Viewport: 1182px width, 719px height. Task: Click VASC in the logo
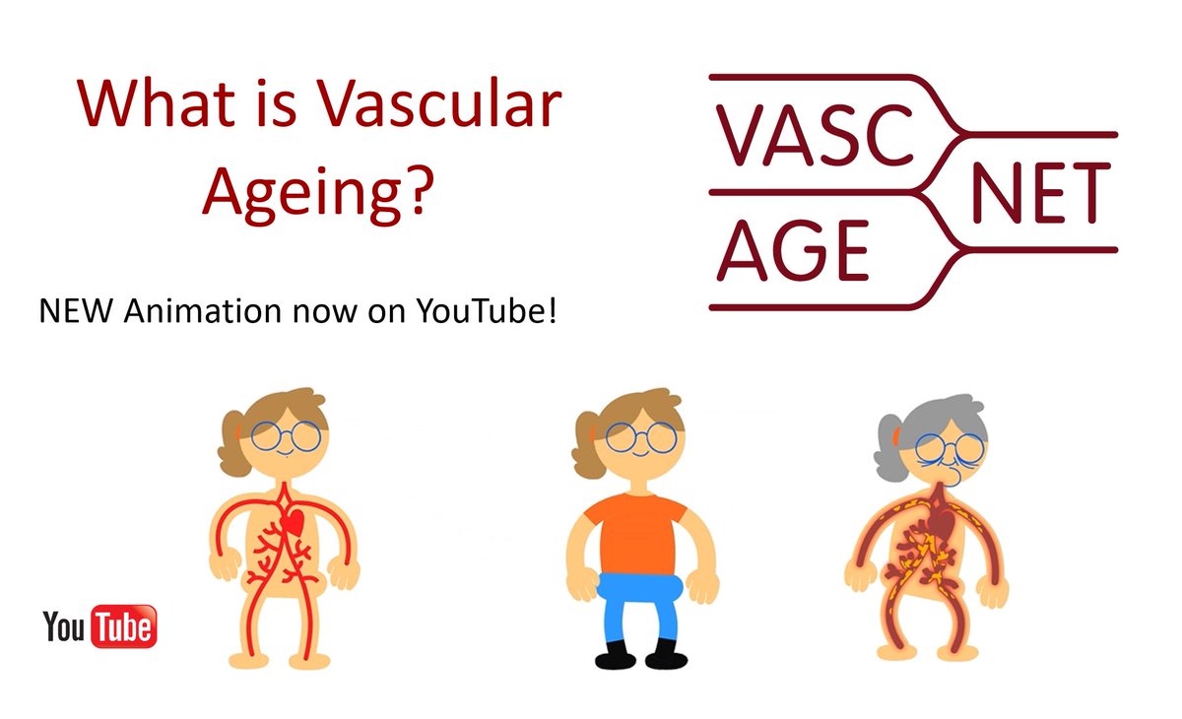[x=815, y=134]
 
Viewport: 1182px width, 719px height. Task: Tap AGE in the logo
[x=794, y=250]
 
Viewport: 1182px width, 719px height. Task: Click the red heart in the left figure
[x=293, y=525]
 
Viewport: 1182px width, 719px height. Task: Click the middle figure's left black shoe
[x=613, y=655]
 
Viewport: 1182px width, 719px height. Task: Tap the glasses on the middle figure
[x=641, y=436]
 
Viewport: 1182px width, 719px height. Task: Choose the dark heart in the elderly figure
[x=944, y=527]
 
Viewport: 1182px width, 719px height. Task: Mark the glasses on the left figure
[x=286, y=435]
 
